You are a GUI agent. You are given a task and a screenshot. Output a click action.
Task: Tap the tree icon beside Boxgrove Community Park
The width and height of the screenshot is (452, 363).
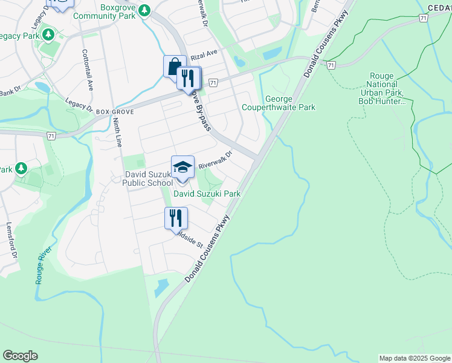pos(144,10)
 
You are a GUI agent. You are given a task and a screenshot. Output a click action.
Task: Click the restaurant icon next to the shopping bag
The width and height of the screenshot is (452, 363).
pos(189,77)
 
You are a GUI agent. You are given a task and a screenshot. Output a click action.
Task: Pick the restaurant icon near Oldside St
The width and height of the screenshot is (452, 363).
pos(176,218)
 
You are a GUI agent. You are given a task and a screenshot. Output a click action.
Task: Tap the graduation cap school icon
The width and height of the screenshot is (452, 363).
pos(182,166)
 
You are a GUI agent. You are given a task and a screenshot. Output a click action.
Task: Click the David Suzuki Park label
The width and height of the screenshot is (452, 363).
pos(207,194)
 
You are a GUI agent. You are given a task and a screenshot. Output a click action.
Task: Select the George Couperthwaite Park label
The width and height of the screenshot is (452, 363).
pos(279,103)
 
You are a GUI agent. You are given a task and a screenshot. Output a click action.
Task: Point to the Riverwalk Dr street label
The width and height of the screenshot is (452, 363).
pos(215,160)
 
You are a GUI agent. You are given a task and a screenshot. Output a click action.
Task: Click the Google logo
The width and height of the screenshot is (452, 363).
pos(20,356)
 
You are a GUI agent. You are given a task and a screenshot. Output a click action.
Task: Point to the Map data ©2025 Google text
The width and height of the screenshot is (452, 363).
pos(414,358)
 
